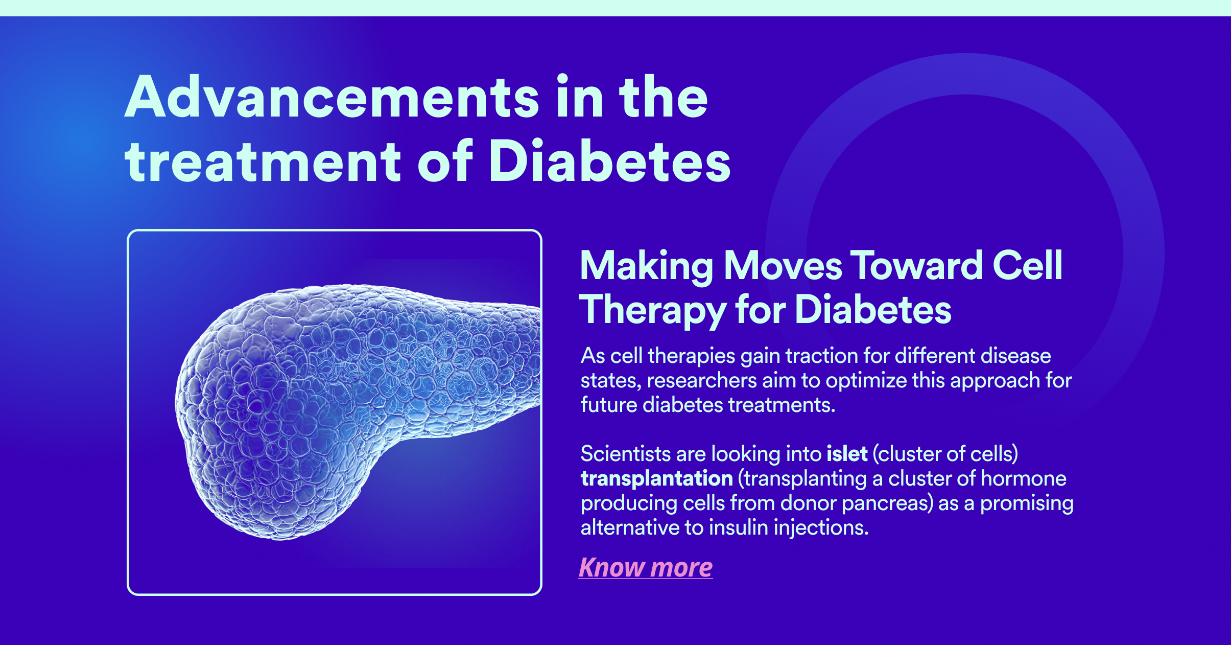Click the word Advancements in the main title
coord(332,97)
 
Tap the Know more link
coord(646,567)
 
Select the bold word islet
coord(847,453)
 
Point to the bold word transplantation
coord(657,479)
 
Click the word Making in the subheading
coord(647,267)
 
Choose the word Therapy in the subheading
coord(652,310)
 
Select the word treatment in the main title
coord(263,162)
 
